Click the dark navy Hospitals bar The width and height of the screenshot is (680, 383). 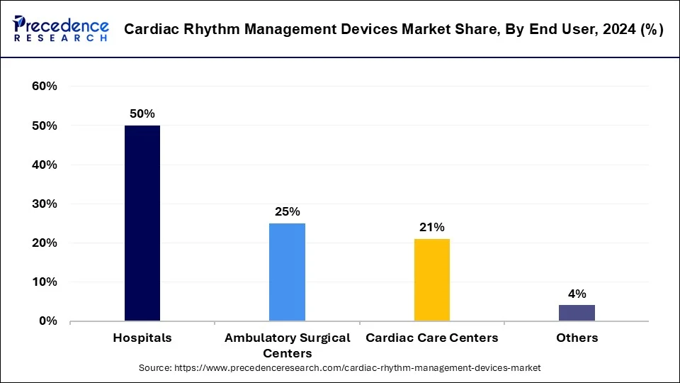click(x=142, y=223)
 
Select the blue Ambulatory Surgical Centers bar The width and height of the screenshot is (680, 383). click(x=287, y=272)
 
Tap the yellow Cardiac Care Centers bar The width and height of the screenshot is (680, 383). click(x=431, y=279)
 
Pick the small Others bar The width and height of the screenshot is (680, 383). click(x=577, y=313)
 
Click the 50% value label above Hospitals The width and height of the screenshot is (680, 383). click(x=142, y=113)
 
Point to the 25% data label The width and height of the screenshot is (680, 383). click(x=287, y=211)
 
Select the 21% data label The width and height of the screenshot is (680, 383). click(x=431, y=227)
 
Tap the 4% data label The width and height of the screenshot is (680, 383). click(x=577, y=294)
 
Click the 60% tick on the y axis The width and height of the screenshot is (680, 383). click(x=45, y=87)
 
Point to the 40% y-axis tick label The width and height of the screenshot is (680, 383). click(x=45, y=165)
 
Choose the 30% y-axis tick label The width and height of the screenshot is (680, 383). click(x=45, y=204)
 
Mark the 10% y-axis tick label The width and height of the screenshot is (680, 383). click(x=45, y=282)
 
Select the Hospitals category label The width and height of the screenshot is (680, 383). click(x=142, y=338)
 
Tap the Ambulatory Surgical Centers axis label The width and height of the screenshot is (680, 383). click(x=287, y=345)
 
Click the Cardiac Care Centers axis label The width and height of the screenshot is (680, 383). click(x=431, y=338)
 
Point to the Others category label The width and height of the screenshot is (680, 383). click(x=577, y=338)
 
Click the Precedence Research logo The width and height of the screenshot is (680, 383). click(x=61, y=29)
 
